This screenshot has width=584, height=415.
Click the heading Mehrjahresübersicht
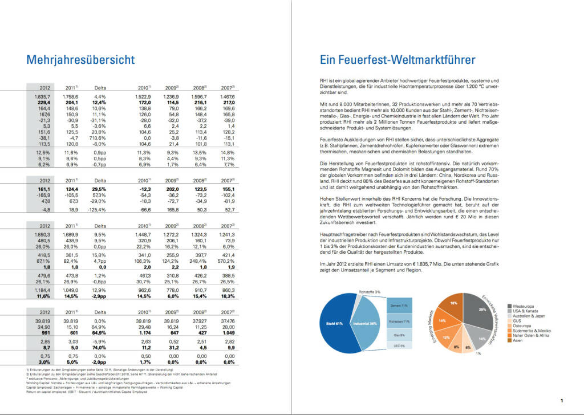click(80, 60)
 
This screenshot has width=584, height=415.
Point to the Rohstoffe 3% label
click(370, 292)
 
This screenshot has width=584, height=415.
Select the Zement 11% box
click(399, 306)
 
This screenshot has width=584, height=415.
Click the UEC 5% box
click(399, 346)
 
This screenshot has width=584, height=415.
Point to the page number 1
click(562, 400)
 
